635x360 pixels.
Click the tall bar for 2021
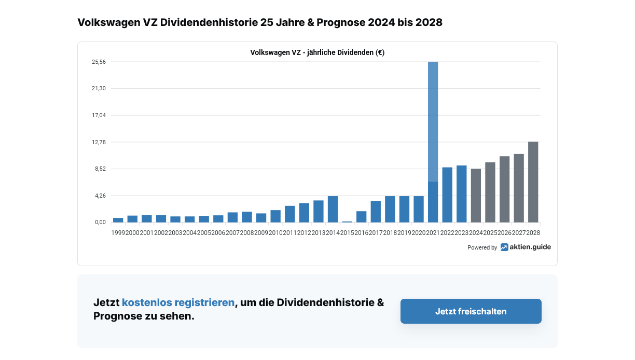[x=433, y=140]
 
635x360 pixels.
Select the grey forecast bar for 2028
[x=533, y=182]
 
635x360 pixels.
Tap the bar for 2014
[x=333, y=209]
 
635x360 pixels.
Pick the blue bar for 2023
[x=462, y=193]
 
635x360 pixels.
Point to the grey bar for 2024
[x=476, y=195]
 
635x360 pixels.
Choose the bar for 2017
[x=376, y=211]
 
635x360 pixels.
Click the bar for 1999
[x=118, y=220]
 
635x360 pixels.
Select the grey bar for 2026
[x=504, y=189]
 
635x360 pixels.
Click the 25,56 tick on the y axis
[x=99, y=62]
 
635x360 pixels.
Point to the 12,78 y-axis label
[x=99, y=142]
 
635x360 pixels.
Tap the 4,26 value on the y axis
[x=99, y=196]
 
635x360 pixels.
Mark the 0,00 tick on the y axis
[x=99, y=223]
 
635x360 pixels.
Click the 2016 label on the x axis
[x=362, y=233]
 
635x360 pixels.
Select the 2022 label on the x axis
[x=447, y=233]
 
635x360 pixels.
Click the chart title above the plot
[x=317, y=52]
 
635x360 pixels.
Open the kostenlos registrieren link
[x=178, y=302]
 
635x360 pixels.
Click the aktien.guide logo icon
[x=504, y=247]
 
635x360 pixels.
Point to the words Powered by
[x=482, y=248]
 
